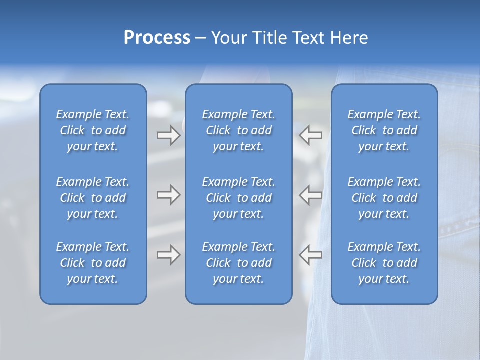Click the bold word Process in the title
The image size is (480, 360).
coord(157,38)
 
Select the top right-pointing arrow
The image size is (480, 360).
coord(168,135)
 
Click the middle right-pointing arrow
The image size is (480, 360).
coord(168,195)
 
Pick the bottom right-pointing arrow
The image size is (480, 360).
coord(168,255)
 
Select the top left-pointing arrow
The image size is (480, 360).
coord(311,135)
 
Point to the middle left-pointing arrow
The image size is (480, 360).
coord(311,195)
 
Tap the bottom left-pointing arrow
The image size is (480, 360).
coord(311,255)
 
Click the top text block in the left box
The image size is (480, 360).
coord(93,130)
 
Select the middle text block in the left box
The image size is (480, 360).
coord(93,198)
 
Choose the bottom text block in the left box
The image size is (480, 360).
coord(93,263)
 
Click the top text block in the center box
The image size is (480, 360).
coord(239,130)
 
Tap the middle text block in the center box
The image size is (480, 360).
coord(239,198)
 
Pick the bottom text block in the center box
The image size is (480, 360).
coord(239,263)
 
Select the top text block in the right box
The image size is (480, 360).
coord(384,130)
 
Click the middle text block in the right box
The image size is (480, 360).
coord(384,198)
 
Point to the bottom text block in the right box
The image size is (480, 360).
coord(384,263)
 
